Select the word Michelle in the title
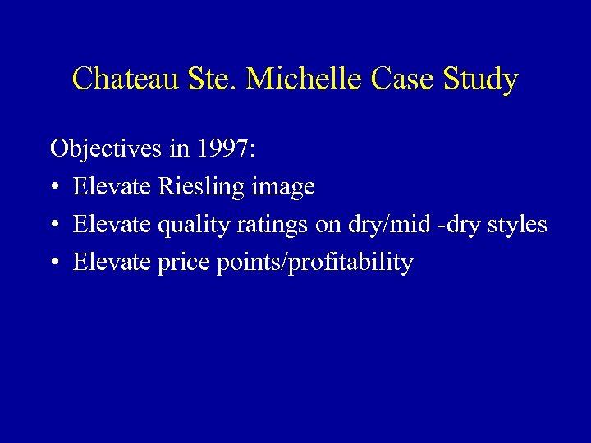point(305,80)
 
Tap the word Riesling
point(201,187)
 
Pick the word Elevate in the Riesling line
point(112,187)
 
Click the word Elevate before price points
point(112,263)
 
